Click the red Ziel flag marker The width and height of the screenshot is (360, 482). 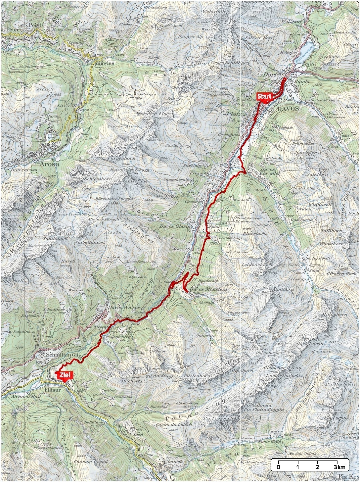(65, 375)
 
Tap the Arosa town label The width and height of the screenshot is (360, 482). (49, 164)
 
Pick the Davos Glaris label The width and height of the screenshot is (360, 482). (175, 226)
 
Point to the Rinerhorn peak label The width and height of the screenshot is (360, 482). (255, 233)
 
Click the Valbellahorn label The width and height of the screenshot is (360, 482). (90, 242)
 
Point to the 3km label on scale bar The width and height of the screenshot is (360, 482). (340, 467)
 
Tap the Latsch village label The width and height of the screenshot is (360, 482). (175, 461)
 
